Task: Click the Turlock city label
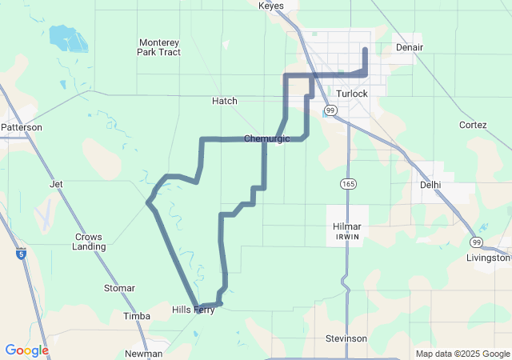(x=352, y=94)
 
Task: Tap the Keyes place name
(x=271, y=6)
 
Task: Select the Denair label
(x=409, y=47)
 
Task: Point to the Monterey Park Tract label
(x=159, y=47)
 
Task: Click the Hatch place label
(x=225, y=101)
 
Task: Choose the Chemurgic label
(x=265, y=138)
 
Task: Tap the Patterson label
(x=22, y=127)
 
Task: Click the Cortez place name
(x=473, y=125)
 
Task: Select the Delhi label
(x=430, y=184)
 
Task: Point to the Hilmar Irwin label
(x=347, y=231)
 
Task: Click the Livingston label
(x=488, y=258)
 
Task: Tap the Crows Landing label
(x=89, y=242)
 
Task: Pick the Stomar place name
(x=120, y=288)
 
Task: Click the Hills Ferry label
(x=194, y=310)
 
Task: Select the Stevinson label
(x=346, y=338)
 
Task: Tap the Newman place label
(x=144, y=354)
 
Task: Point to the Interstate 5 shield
(x=21, y=254)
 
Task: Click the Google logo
(x=26, y=350)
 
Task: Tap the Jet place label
(x=56, y=184)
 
